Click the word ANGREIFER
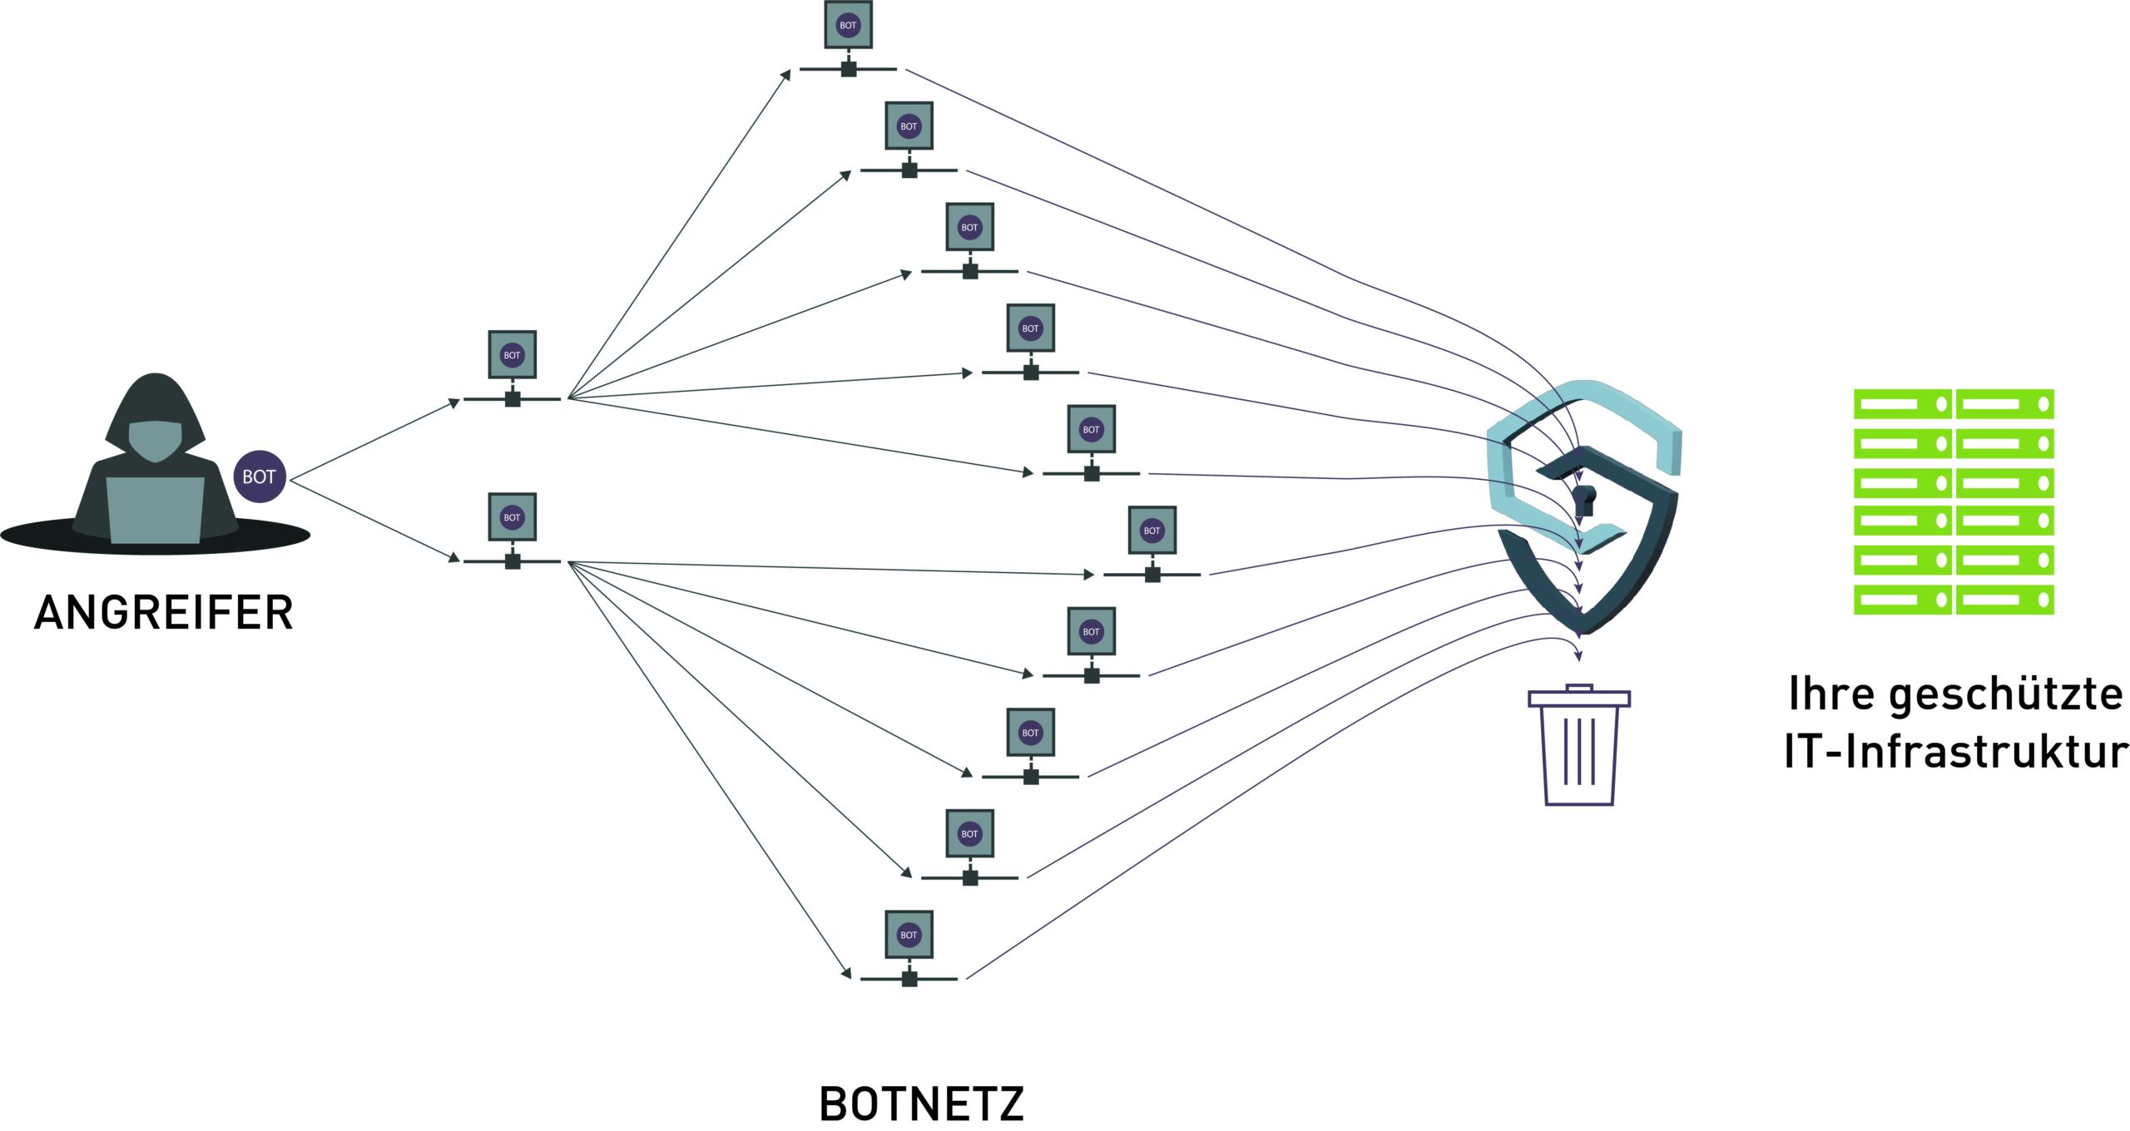(x=164, y=613)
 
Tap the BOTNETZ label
(x=922, y=1104)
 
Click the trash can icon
(x=1579, y=745)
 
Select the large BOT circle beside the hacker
(x=260, y=477)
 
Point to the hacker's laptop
(x=156, y=510)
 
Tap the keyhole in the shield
(x=1584, y=501)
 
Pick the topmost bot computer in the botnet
(x=849, y=38)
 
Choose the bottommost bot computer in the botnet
(x=909, y=948)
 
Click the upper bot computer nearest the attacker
(x=513, y=368)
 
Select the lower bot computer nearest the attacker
(x=513, y=531)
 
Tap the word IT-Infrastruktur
(x=1956, y=751)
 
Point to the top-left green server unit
(x=1903, y=404)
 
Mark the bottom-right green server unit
(x=2005, y=600)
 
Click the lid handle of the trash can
(x=1579, y=688)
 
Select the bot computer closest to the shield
(x=1152, y=544)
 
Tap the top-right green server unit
(x=2005, y=404)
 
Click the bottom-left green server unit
(x=1903, y=600)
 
